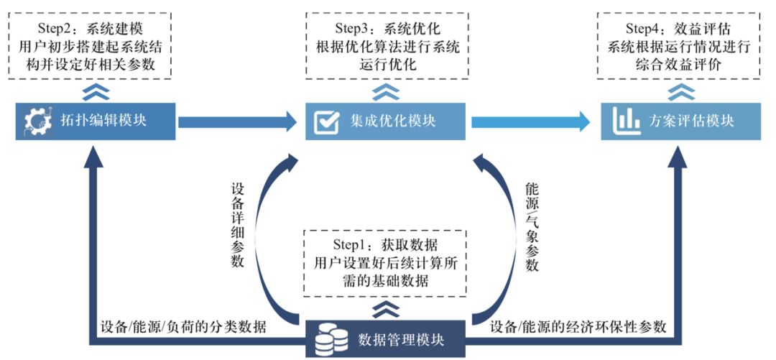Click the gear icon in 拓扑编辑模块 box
coord(36,121)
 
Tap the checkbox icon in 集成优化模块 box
coord(327,121)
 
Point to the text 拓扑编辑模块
coord(103,121)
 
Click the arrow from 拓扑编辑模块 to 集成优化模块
coord(236,121)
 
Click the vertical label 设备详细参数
coord(238,226)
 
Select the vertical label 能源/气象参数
coord(532,226)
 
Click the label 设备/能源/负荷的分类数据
coord(183,328)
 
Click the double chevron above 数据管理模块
coord(386,308)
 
